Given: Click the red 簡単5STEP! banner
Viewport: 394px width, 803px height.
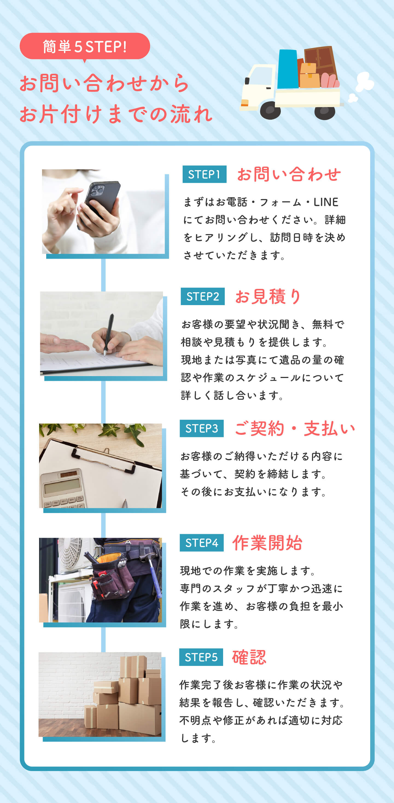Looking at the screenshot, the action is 85,46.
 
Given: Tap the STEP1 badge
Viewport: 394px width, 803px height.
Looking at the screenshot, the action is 204,174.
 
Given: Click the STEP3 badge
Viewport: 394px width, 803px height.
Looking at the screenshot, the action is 202,429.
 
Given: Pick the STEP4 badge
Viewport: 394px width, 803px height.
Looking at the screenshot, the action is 202,543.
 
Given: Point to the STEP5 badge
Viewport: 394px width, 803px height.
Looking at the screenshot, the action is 201,657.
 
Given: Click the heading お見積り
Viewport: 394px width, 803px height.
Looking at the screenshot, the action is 268,296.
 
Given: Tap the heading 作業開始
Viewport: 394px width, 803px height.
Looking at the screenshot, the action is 267,543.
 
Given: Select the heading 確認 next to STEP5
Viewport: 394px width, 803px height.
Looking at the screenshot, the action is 249,657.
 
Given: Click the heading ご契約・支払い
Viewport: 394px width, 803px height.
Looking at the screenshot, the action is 295,429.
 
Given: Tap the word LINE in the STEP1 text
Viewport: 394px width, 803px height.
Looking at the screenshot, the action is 326,202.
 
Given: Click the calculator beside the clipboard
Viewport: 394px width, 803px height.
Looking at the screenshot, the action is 62,489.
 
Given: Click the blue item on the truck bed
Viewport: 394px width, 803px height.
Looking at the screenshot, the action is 288,69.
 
